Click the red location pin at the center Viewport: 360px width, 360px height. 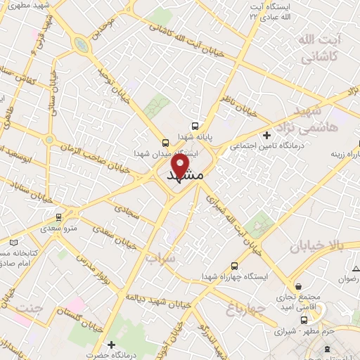[180, 166]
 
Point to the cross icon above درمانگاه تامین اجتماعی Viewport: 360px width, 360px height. [266, 134]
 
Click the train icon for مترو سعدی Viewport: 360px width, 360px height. [59, 217]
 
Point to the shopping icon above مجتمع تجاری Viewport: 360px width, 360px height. [300, 288]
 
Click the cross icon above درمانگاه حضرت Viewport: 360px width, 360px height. [110, 345]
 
